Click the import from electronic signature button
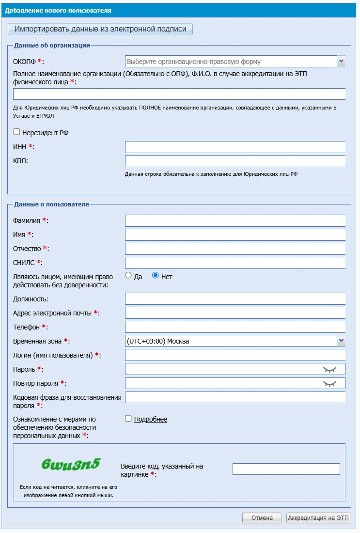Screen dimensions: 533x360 (x=100, y=29)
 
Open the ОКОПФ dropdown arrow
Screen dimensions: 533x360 (x=341, y=62)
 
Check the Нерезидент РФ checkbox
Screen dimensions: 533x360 (x=17, y=132)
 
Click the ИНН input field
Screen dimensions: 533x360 (x=235, y=147)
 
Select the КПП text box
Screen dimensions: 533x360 (x=235, y=161)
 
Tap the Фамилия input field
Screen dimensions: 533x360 (x=235, y=221)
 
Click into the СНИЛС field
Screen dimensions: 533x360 (x=235, y=263)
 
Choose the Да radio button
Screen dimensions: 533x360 (x=128, y=276)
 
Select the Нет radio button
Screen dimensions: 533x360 (x=156, y=276)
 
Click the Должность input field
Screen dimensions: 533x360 (x=235, y=299)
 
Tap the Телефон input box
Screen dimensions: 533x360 (x=235, y=327)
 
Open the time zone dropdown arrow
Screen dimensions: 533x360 (x=341, y=341)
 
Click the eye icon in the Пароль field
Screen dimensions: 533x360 (x=329, y=369)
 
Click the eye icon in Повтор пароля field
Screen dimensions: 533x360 (x=329, y=383)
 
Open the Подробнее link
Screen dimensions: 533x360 (x=150, y=419)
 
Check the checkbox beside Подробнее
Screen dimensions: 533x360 (x=128, y=419)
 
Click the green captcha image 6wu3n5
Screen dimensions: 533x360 (x=71, y=464)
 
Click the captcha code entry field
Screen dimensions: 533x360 (x=286, y=469)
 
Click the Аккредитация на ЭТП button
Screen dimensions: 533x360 (x=318, y=518)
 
